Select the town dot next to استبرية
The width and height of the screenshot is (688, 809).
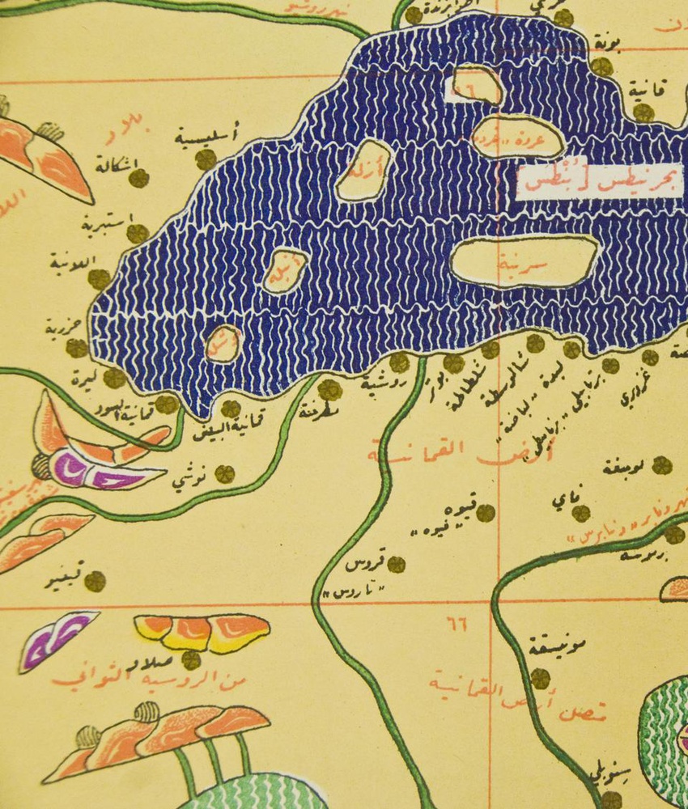pos(138,234)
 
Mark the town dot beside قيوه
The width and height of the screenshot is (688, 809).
pos(485,513)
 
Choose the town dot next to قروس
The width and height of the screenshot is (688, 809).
pos(396,564)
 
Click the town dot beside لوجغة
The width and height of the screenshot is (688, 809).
pos(662,465)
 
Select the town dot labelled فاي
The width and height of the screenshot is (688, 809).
pos(580,513)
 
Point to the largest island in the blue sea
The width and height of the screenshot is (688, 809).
pos(524,261)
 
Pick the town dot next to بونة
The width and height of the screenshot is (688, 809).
pos(601,66)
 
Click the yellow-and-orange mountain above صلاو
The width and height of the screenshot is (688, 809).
pos(202,630)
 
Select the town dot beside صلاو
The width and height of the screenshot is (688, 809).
pos(191,660)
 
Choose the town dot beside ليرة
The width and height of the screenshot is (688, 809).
pos(115,378)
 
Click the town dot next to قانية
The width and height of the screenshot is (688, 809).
pos(643,112)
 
